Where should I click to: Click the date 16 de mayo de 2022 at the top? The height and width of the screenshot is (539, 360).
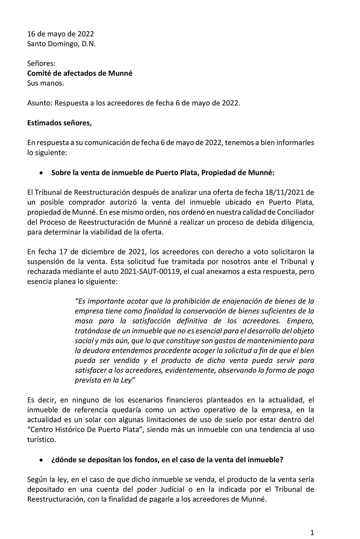click(x=60, y=34)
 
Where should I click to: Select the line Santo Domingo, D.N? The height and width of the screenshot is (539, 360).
click(x=62, y=44)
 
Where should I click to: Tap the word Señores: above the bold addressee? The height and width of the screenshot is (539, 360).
click(x=41, y=64)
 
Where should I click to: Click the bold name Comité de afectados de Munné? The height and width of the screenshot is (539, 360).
click(x=80, y=73)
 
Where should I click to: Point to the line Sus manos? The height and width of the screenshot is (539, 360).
click(x=46, y=83)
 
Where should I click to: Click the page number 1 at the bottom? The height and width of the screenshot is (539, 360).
click(x=312, y=533)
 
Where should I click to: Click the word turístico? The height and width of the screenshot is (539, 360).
click(x=41, y=439)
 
